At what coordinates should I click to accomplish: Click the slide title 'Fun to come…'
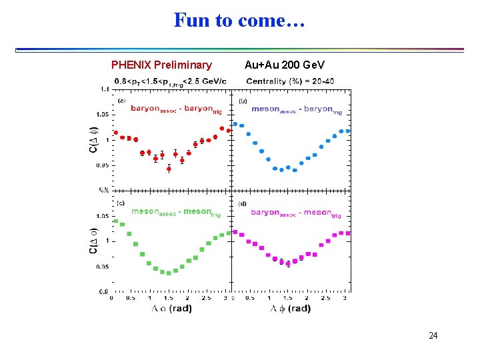click(x=239, y=20)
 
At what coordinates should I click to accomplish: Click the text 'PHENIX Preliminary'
click(x=161, y=65)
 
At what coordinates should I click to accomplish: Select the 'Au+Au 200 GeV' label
click(x=285, y=65)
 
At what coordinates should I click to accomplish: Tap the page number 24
click(x=433, y=335)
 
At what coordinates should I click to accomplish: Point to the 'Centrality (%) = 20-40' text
click(x=290, y=81)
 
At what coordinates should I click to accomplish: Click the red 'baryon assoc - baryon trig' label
click(x=176, y=109)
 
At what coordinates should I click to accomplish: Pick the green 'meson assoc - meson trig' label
click(x=176, y=213)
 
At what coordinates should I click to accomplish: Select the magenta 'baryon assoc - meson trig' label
click(x=296, y=213)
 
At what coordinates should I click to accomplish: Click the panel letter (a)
click(x=121, y=101)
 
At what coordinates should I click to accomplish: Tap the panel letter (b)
click(x=243, y=101)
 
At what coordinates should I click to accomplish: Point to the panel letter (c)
click(x=121, y=203)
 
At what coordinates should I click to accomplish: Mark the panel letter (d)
click(x=243, y=203)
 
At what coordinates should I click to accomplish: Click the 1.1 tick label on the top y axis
click(x=105, y=89)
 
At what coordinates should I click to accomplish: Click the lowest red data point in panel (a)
click(x=169, y=169)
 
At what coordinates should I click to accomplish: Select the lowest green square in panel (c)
click(x=169, y=273)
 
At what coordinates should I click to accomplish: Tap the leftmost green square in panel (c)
click(x=115, y=221)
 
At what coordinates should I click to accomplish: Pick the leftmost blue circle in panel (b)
click(x=235, y=123)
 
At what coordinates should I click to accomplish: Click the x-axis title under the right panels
click(x=291, y=309)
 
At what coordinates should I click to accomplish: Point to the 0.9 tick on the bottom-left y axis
click(x=105, y=292)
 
